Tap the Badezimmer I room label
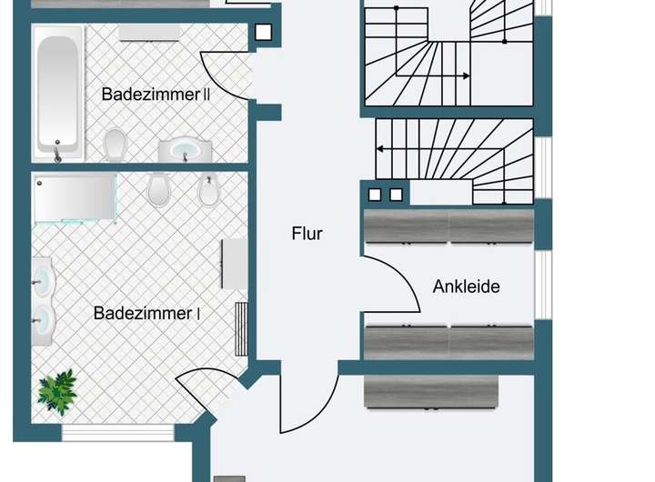point(146,313)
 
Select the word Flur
point(307,233)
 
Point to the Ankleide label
point(466,286)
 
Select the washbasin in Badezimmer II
point(186,149)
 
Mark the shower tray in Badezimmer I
point(75,198)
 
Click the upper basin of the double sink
point(42,279)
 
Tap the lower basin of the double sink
point(42,321)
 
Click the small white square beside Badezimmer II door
point(263,34)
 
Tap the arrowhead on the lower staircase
point(381,148)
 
